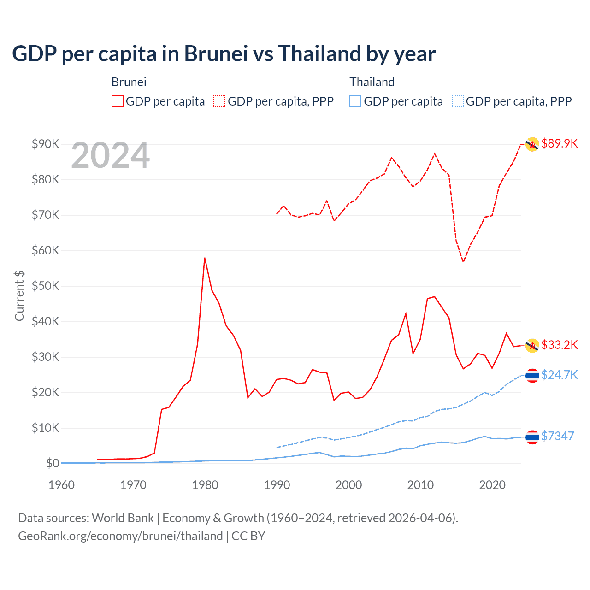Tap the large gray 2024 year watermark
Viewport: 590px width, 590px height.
110,155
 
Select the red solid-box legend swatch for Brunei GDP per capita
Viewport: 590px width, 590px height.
118,101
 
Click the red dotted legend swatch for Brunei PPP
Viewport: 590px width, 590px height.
219,101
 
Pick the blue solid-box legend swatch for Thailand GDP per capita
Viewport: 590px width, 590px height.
355,101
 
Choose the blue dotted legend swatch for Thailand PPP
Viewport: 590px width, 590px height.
458,101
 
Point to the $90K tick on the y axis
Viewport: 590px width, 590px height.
45,144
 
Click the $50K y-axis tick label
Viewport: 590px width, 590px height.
45,286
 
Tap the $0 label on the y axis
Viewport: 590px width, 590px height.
53,463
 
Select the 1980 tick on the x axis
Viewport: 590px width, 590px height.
205,485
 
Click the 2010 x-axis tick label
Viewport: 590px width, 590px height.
420,485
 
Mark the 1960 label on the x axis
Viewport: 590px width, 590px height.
61,485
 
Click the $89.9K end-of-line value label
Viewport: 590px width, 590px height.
559,143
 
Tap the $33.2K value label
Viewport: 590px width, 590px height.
559,345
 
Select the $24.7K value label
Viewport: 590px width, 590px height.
559,375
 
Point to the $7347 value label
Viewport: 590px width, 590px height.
558,436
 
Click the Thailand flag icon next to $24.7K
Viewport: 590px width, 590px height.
532,376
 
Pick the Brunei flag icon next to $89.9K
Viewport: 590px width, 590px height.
532,144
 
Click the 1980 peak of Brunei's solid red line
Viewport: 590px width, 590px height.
205,258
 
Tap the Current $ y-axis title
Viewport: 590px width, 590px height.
19,295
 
